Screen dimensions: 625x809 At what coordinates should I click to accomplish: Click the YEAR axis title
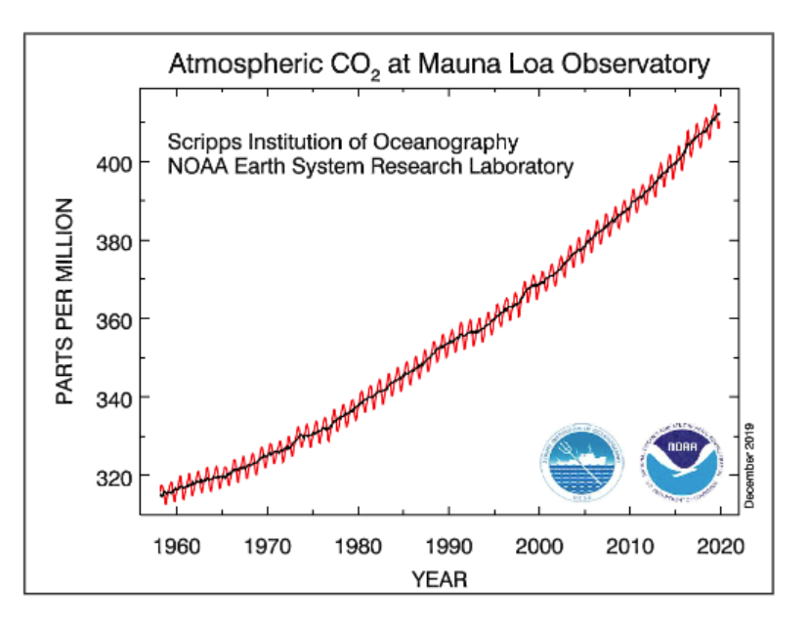pos(439,579)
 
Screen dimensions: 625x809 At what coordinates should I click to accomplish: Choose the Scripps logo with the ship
pos(581,463)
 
